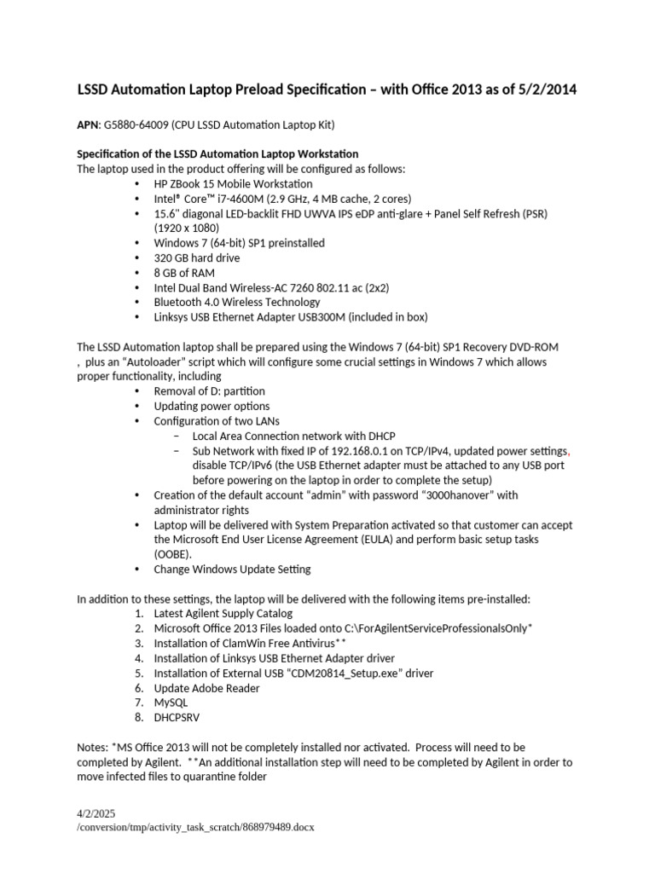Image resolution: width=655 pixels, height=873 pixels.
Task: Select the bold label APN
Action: (89, 125)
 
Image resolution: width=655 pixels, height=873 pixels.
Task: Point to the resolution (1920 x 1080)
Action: (187, 228)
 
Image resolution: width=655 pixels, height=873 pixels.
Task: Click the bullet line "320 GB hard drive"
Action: (197, 257)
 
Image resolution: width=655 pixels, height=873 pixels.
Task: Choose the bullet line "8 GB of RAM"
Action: (184, 273)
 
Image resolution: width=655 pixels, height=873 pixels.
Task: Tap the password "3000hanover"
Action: (458, 495)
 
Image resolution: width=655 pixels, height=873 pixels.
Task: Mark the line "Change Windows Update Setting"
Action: (232, 569)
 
